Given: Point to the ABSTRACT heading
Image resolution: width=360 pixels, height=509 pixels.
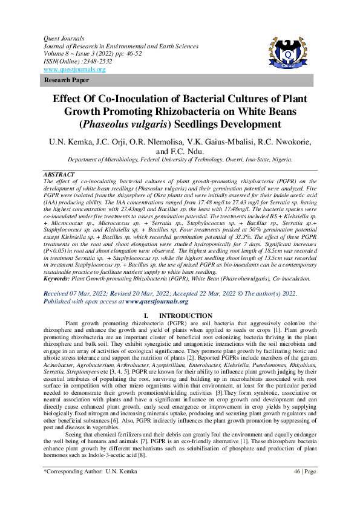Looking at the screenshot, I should (59, 174).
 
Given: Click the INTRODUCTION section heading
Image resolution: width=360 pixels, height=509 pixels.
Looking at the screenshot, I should (185, 316).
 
